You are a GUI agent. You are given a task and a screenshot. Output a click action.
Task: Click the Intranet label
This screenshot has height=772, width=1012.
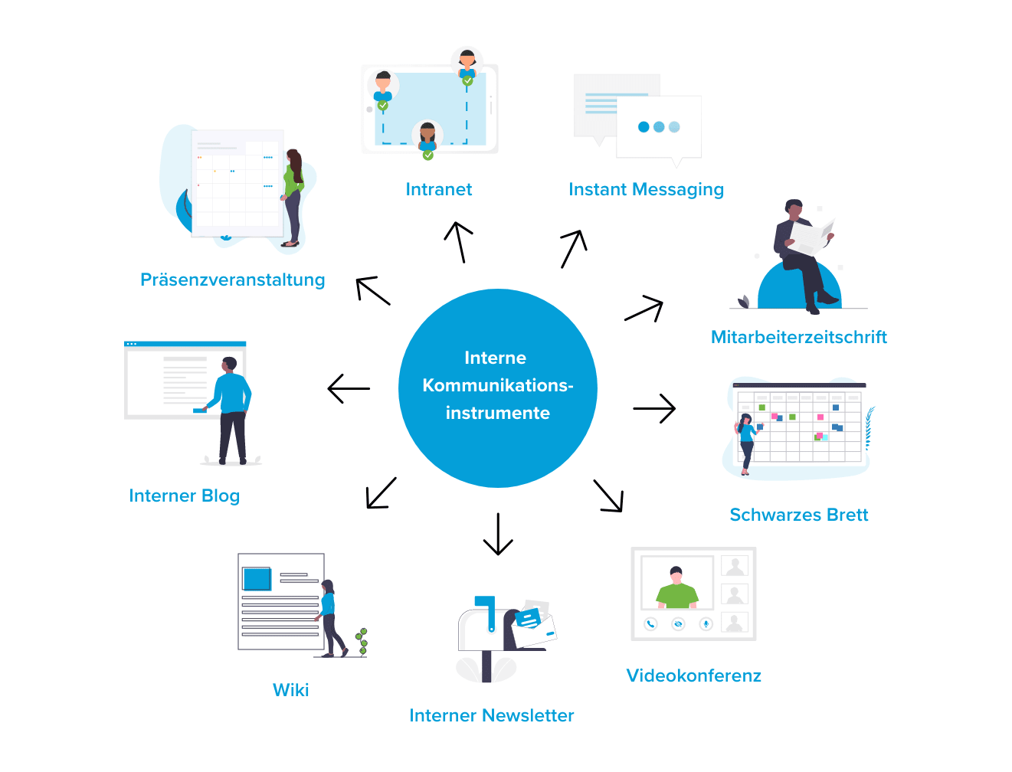(x=438, y=189)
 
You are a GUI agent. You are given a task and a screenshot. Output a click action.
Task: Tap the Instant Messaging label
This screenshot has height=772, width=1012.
(x=646, y=189)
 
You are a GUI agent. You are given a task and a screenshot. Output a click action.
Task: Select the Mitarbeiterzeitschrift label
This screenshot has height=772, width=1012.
(x=798, y=337)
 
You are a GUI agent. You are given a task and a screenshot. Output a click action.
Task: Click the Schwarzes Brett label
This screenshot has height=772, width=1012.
(x=798, y=515)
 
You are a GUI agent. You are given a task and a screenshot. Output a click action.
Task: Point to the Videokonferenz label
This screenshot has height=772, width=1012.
(x=693, y=675)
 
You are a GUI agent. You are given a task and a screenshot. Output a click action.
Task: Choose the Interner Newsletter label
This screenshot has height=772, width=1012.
(x=491, y=715)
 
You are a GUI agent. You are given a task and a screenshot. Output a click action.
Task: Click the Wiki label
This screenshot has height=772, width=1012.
(x=290, y=690)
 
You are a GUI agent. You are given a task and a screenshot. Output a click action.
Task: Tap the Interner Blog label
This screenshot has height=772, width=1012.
(x=184, y=496)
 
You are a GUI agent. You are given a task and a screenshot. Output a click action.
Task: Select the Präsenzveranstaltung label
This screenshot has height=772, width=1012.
(x=232, y=280)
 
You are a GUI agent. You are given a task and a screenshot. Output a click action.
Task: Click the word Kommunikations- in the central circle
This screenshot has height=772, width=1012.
(x=498, y=385)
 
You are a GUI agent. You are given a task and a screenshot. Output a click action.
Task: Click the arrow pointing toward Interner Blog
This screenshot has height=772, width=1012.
(x=349, y=388)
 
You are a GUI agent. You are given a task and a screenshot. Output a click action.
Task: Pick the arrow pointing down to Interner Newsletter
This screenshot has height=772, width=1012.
(x=498, y=534)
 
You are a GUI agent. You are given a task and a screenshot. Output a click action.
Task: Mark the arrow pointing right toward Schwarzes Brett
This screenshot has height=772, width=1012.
(x=654, y=409)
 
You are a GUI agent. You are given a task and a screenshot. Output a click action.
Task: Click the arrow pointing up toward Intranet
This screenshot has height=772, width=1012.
(x=459, y=242)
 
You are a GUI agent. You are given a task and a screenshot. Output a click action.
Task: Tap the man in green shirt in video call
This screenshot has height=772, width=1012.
(x=676, y=590)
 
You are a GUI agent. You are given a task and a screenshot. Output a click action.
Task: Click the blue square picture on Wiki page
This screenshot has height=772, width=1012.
(x=257, y=579)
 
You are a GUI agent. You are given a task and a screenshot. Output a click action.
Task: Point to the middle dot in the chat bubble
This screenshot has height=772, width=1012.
(x=659, y=127)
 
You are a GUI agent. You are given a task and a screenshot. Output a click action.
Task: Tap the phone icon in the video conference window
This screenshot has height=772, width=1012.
(x=650, y=624)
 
